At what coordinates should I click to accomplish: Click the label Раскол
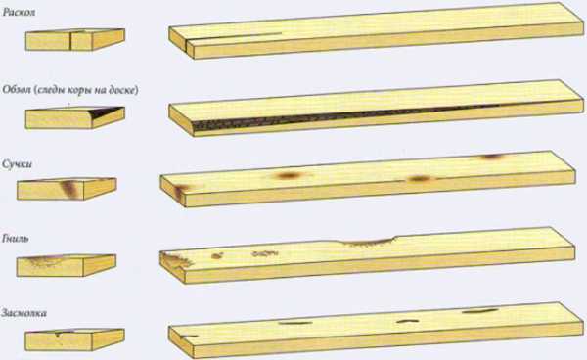pyautogui.click(x=20, y=12)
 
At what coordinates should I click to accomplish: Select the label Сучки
pyautogui.click(x=18, y=164)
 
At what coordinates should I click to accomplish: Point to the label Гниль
pyautogui.click(x=16, y=239)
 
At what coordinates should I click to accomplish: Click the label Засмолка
pyautogui.click(x=23, y=313)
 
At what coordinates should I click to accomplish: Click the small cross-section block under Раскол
pyautogui.click(x=75, y=39)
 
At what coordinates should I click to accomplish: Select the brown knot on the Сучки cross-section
pyautogui.click(x=70, y=188)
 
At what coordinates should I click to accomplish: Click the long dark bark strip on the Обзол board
pyautogui.click(x=337, y=116)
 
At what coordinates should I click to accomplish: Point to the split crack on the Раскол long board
pyautogui.click(x=234, y=37)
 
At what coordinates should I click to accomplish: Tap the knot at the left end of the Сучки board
pyautogui.click(x=181, y=192)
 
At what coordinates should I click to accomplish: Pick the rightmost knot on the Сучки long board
pyautogui.click(x=491, y=157)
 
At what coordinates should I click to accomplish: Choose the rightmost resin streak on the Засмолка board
pyautogui.click(x=479, y=311)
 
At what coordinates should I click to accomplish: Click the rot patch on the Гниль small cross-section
pyautogui.click(x=45, y=260)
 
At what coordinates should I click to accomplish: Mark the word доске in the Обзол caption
pyautogui.click(x=124, y=90)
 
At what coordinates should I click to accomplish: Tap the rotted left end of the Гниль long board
pyautogui.click(x=175, y=260)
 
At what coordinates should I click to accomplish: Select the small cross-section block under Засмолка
pyautogui.click(x=75, y=339)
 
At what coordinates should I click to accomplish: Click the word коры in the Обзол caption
pyautogui.click(x=78, y=90)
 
